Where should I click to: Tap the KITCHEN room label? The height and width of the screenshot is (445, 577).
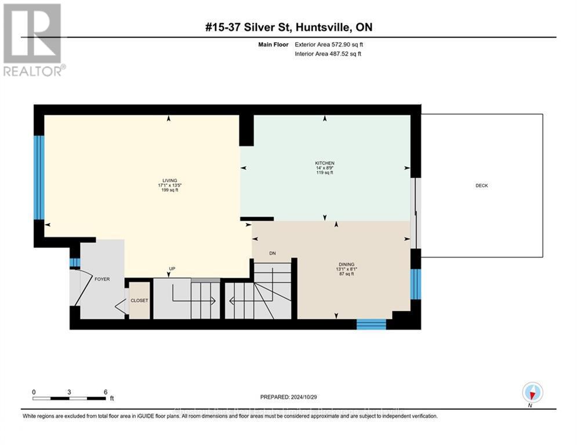324,163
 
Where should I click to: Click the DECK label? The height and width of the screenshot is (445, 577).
482,185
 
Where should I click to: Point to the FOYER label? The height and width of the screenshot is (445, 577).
102,279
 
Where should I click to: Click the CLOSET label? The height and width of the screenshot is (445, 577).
139,301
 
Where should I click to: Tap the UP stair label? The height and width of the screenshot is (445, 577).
172,269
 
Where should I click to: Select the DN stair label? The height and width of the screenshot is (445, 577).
273,253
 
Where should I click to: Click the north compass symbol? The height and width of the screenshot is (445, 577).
531,393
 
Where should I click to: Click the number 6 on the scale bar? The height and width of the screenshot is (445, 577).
106,392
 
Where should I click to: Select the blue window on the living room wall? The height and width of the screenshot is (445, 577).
39,177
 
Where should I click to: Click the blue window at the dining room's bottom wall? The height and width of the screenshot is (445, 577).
371,324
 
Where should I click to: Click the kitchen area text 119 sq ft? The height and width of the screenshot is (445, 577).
324,173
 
